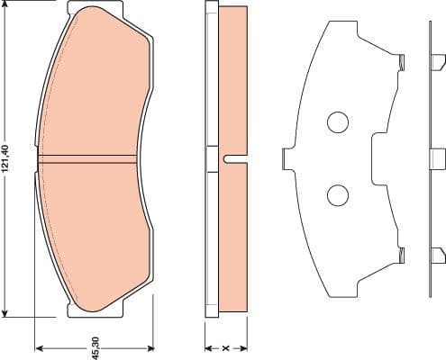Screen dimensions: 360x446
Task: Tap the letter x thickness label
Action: pyautogui.click(x=225, y=345)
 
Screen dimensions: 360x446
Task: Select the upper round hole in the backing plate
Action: pyautogui.click(x=337, y=122)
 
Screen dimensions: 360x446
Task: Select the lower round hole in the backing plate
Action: pyautogui.click(x=337, y=193)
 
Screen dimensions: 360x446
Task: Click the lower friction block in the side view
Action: pyautogui.click(x=232, y=238)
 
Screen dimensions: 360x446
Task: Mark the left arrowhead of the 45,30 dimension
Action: pyautogui.click(x=39, y=346)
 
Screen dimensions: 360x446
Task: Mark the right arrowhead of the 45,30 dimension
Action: pyautogui.click(x=147, y=346)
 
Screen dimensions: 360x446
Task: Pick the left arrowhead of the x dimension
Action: pyautogui.click(x=208, y=346)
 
